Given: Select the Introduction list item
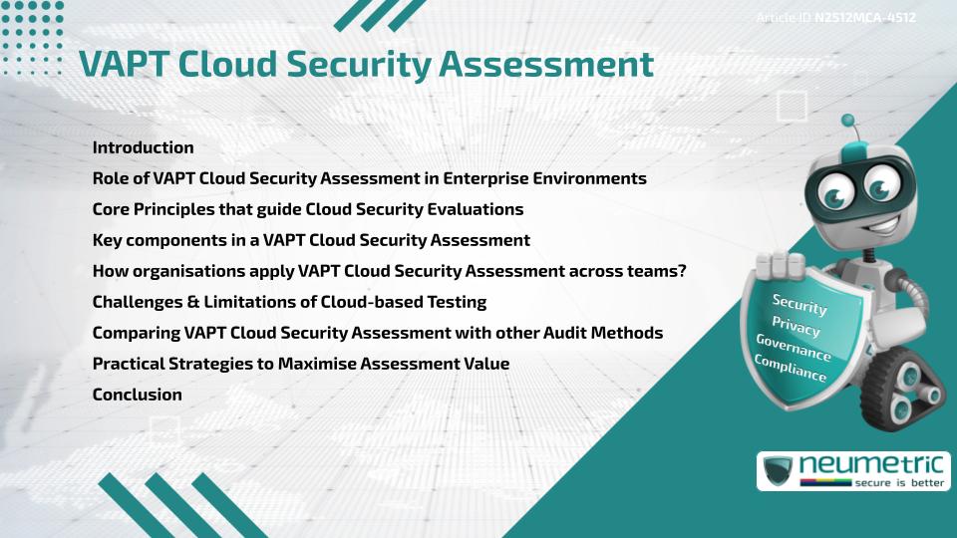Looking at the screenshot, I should point(143,147).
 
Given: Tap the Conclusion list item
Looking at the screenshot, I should point(137,395).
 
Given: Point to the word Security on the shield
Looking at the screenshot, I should point(799,304).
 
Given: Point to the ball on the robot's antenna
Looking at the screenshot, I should point(848,122).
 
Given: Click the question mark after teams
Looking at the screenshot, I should point(681,271).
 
